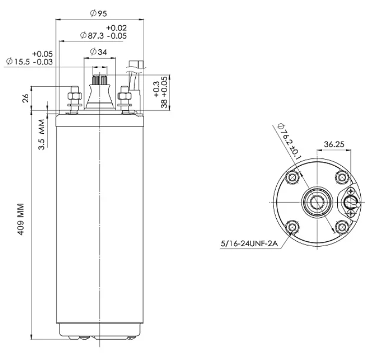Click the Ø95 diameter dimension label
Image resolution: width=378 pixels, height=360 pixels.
[x=98, y=13]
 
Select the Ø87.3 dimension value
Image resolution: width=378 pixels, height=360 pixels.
[x=92, y=36]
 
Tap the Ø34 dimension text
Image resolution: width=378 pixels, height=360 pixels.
[x=98, y=52]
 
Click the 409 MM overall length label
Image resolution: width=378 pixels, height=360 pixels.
[x=21, y=219]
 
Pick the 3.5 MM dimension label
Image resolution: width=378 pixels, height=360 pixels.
[x=41, y=135]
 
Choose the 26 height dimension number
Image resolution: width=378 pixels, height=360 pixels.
[x=25, y=98]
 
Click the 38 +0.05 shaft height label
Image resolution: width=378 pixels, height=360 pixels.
[x=164, y=92]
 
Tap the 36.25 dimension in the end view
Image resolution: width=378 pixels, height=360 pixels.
[x=334, y=144]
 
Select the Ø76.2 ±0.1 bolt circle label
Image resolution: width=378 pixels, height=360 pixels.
[x=289, y=142]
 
